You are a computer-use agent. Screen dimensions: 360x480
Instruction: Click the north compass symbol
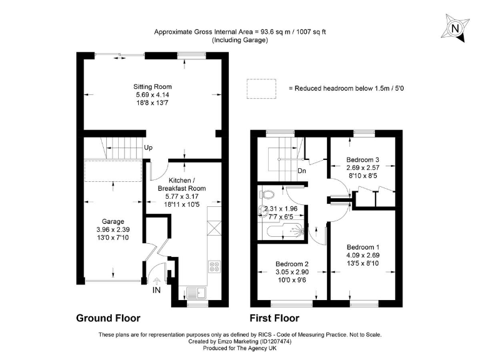pos(455,29)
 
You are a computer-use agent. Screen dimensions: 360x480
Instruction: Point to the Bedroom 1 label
pos(362,246)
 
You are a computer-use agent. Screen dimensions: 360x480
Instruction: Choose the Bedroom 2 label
pos(291,264)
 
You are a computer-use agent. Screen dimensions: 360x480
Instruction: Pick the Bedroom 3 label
pos(362,160)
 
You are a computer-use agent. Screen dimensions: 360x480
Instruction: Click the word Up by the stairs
pos(148,148)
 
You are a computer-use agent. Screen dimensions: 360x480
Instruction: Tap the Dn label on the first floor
pos(301,171)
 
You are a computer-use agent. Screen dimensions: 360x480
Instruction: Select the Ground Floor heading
pos(108,317)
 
